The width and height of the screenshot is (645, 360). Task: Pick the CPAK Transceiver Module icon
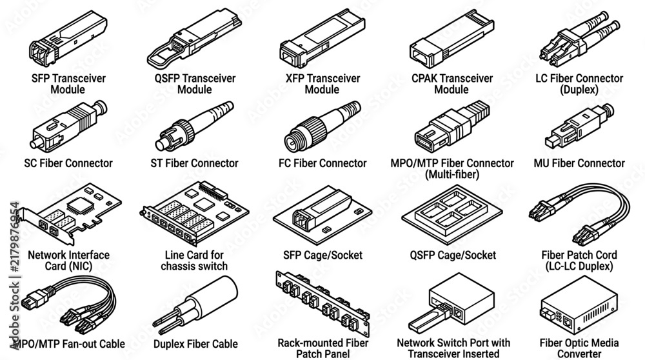pyautogui.click(x=451, y=39)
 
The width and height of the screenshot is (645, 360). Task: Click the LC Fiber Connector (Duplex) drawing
pyautogui.click(x=580, y=39)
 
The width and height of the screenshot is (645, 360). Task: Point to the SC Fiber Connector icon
pyautogui.click(x=68, y=126)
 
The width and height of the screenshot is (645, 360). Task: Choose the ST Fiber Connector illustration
pyautogui.click(x=194, y=126)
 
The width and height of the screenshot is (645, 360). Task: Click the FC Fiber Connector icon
pyautogui.click(x=322, y=126)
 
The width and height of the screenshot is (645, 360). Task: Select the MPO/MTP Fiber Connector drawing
pyautogui.click(x=452, y=126)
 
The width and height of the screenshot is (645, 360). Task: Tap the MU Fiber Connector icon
pyautogui.click(x=580, y=126)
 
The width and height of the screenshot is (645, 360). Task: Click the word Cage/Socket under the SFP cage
pyautogui.click(x=339, y=255)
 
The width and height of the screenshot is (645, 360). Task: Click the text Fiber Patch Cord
pyautogui.click(x=579, y=255)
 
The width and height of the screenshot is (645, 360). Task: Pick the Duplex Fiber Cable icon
pyautogui.click(x=195, y=305)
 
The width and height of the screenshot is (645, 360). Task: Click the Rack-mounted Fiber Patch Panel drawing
pyautogui.click(x=322, y=303)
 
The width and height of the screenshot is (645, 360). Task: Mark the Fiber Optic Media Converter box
pyautogui.click(x=579, y=305)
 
